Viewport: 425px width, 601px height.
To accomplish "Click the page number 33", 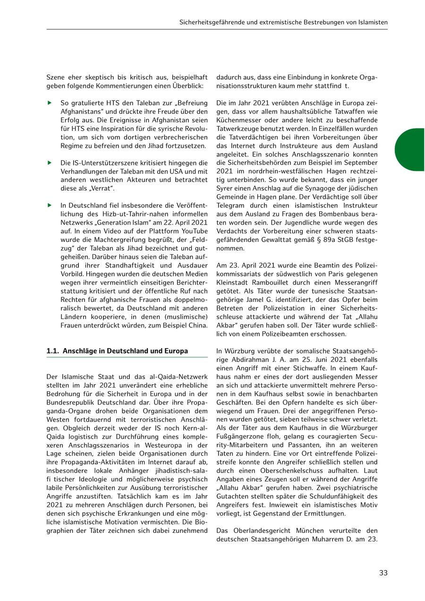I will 383,573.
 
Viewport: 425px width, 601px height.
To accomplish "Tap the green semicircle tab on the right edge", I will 410,149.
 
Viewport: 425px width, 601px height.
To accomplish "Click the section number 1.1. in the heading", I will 53,351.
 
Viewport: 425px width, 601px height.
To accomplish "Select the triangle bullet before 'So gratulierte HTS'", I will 49,103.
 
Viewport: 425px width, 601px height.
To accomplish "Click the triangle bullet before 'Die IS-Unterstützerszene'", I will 49,163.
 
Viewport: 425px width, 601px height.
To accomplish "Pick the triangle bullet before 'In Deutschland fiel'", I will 49,205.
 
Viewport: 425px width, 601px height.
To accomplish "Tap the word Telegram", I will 230,206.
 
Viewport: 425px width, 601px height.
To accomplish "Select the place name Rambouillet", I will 262,283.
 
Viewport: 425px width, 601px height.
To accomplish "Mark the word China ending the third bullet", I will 197,325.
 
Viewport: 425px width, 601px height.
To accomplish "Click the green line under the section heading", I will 127,358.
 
